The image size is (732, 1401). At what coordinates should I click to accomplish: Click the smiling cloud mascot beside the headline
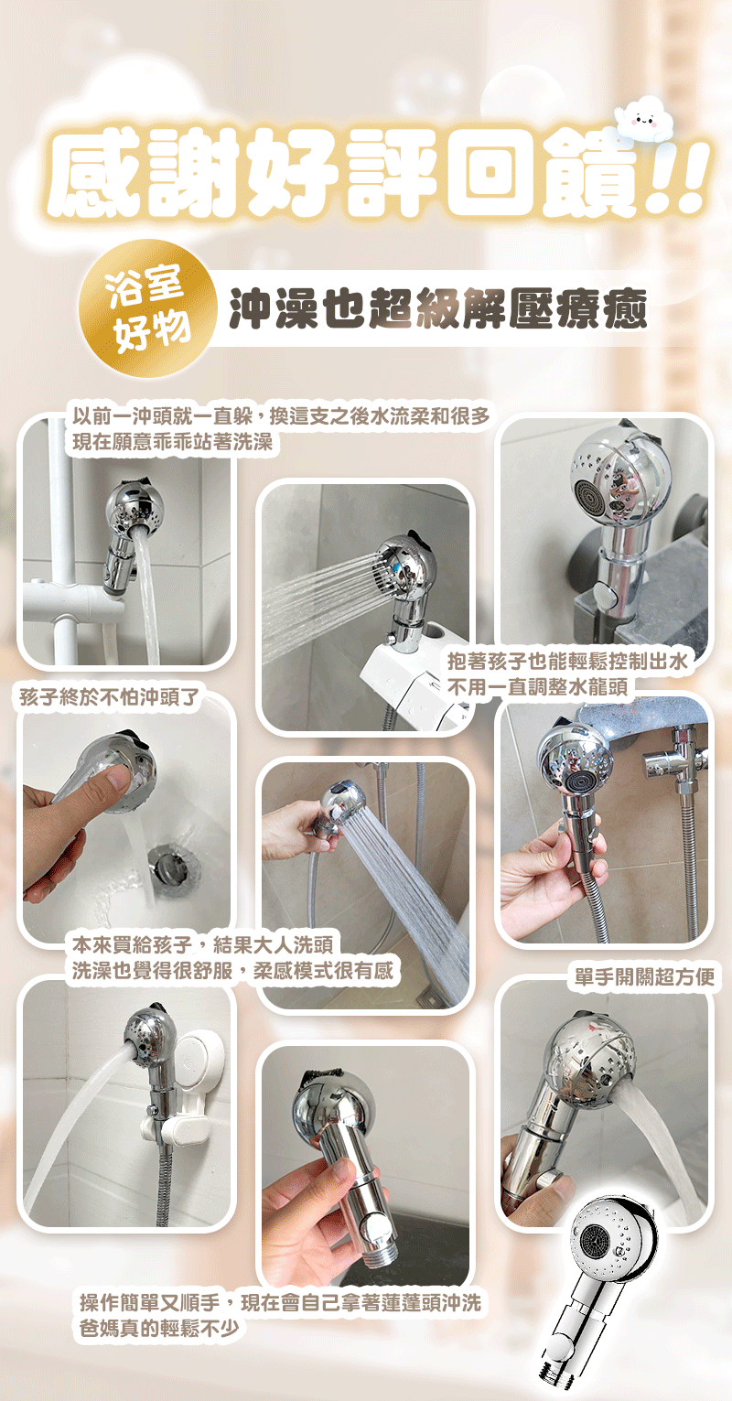pos(646,119)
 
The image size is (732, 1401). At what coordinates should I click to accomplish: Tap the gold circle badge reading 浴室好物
pos(148,308)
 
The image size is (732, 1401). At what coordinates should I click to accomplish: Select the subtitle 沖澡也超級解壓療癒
pos(438,308)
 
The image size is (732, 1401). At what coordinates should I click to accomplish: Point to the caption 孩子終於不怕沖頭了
pos(110,696)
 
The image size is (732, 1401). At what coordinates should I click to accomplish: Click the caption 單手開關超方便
pos(645,976)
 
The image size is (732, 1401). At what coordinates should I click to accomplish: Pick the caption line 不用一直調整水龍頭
pos(537,687)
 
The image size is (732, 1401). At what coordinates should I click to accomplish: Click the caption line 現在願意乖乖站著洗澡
pos(173,442)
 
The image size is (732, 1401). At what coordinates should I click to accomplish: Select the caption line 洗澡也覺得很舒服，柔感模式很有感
pos(232,970)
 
